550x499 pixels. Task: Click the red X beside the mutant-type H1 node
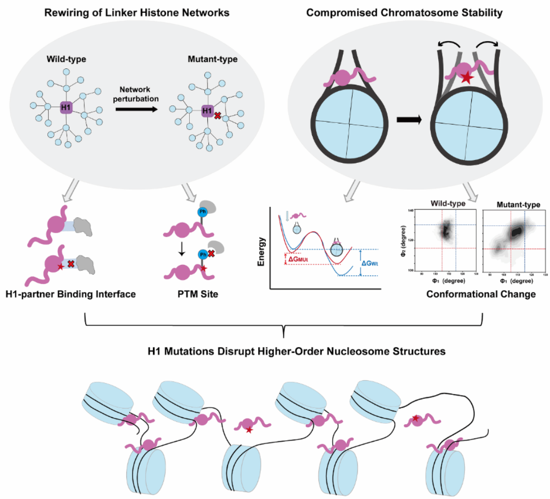point(217,116)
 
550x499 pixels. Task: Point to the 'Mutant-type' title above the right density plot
point(513,204)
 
